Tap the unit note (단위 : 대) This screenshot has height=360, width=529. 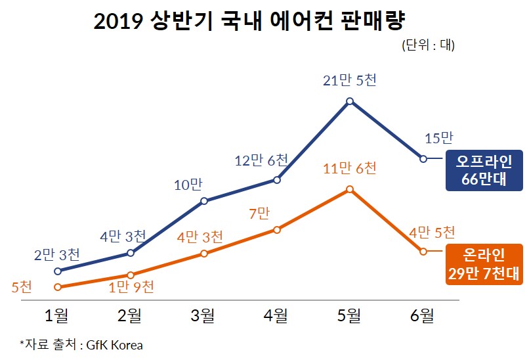point(427,46)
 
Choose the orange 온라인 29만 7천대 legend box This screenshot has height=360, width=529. point(484,264)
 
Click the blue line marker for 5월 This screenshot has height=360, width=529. point(350,101)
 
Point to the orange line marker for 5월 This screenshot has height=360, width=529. point(350,189)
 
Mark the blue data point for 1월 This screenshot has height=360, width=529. point(58,271)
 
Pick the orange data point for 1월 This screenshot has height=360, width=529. point(58,287)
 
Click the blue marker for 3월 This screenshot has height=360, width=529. point(204,201)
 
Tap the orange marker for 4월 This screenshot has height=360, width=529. point(277,230)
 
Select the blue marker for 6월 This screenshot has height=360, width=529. point(423,159)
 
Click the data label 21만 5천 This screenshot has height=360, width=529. point(350,81)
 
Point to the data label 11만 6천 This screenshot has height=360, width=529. point(350,169)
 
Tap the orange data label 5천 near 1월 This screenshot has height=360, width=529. point(22,287)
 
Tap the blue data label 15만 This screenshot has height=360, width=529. point(439,138)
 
